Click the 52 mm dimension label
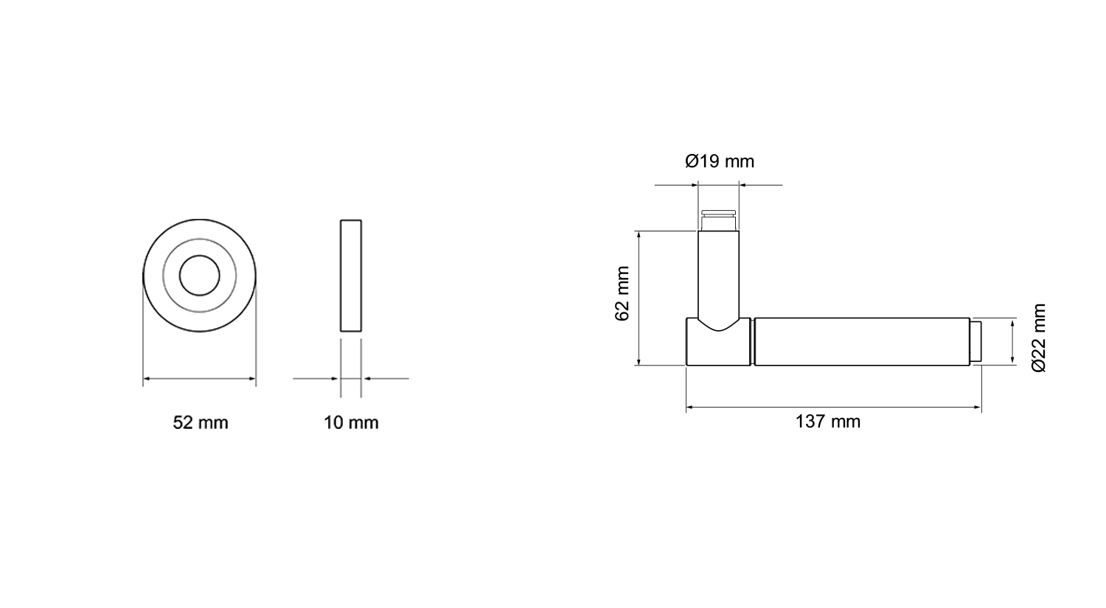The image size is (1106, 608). pyautogui.click(x=201, y=423)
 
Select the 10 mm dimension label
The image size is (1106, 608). pyautogui.click(x=351, y=423)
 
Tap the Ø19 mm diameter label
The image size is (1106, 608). pyautogui.click(x=720, y=161)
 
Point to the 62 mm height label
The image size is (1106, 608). pyautogui.click(x=622, y=293)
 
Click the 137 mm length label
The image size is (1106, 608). pyautogui.click(x=828, y=422)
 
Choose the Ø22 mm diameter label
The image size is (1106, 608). pyautogui.click(x=1039, y=338)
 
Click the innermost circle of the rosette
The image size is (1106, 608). pyautogui.click(x=200, y=256)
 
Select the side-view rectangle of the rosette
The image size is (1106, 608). pyautogui.click(x=351, y=276)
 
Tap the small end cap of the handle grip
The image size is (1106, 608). pyautogui.click(x=975, y=341)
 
